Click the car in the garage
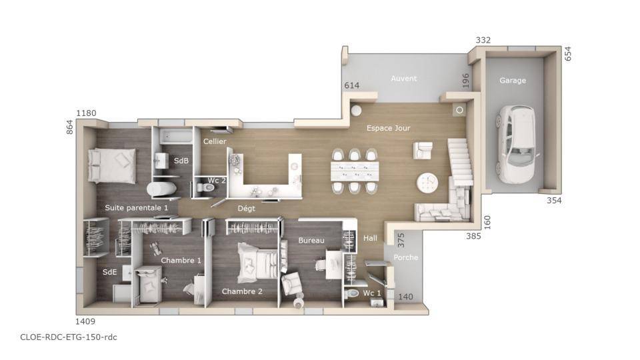[515, 144]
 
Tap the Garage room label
[512, 81]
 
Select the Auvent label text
[404, 79]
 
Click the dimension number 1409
[85, 321]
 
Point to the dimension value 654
[568, 54]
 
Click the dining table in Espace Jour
[355, 171]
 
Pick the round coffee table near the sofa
[427, 183]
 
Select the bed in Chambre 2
[258, 263]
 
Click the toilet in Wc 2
[205, 187]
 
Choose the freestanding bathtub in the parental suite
[162, 189]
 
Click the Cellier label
[215, 141]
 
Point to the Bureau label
[311, 241]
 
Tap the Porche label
[406, 257]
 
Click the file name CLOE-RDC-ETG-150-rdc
[69, 337]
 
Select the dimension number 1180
[86, 113]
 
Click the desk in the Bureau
[334, 264]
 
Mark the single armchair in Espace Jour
[423, 150]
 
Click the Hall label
[370, 238]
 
